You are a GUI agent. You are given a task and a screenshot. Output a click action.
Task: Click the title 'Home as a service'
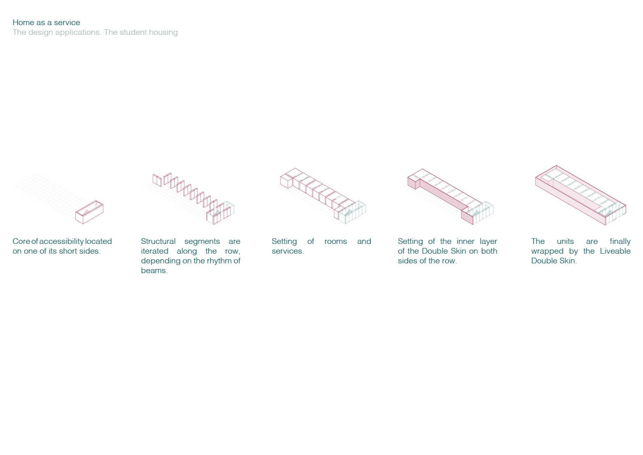pyautogui.click(x=46, y=22)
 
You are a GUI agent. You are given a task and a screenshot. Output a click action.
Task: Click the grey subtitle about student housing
pyautogui.click(x=95, y=32)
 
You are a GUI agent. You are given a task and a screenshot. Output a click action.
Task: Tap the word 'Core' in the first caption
pyautogui.click(x=21, y=241)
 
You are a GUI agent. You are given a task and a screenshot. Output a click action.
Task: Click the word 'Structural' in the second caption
pyautogui.click(x=158, y=241)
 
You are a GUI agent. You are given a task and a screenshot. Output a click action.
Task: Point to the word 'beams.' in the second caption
pyautogui.click(x=154, y=270)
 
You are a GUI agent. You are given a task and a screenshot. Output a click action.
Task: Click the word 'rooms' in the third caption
pyautogui.click(x=336, y=241)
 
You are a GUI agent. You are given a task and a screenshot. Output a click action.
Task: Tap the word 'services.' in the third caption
pyautogui.click(x=288, y=251)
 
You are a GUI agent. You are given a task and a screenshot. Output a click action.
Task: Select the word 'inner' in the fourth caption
pyautogui.click(x=465, y=241)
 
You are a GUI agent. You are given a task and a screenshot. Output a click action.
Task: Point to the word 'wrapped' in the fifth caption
pyautogui.click(x=547, y=252)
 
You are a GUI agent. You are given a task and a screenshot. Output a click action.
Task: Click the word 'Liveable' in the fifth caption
pyautogui.click(x=615, y=251)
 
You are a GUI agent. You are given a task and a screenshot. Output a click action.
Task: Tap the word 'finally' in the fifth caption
pyautogui.click(x=620, y=242)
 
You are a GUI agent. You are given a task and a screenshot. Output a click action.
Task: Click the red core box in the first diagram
pyautogui.click(x=89, y=212)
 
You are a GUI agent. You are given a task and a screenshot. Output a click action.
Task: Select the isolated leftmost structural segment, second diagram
pyautogui.click(x=157, y=180)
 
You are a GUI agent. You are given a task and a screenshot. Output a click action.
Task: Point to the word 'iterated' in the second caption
pyautogui.click(x=154, y=251)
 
